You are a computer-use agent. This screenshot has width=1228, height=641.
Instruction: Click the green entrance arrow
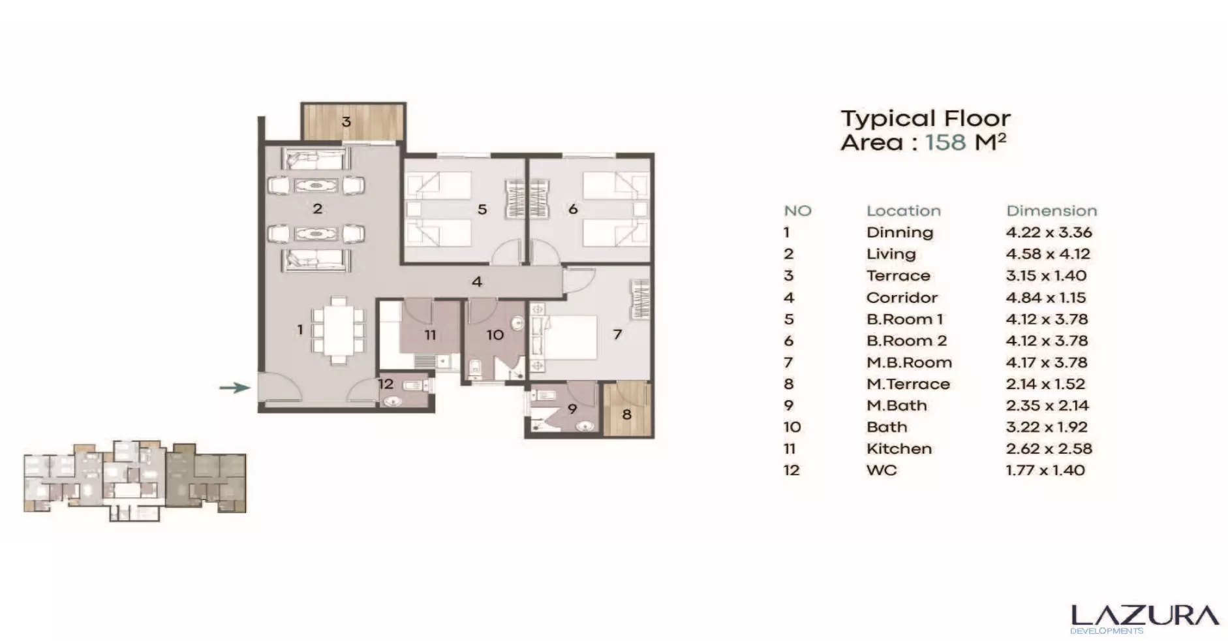coord(234,388)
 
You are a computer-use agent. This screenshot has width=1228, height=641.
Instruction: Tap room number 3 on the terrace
coord(346,121)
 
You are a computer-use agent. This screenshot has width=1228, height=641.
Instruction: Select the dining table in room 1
coord(338,330)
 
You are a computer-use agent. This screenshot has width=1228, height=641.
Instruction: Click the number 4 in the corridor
coord(477,282)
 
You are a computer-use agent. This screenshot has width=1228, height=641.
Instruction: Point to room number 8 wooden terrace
coord(626,414)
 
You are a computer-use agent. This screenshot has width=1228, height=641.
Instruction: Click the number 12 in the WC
coord(386,384)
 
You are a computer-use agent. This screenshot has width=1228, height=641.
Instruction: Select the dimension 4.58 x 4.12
coord(1048,254)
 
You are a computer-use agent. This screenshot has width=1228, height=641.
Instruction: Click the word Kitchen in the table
coord(898,448)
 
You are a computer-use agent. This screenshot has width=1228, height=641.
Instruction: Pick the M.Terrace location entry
coord(908,384)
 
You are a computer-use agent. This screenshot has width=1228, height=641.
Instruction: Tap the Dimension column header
coord(1051,211)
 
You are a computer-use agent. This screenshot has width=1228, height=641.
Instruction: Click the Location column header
coord(903,211)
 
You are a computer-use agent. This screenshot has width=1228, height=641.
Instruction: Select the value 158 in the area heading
coord(945,142)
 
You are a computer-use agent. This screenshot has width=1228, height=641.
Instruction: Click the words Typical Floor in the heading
coord(925,119)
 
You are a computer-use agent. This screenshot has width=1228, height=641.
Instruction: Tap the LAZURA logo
coord(1144,617)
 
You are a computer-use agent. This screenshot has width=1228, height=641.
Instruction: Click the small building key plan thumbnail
coord(135,480)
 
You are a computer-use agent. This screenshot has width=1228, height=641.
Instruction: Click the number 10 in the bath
coord(495,335)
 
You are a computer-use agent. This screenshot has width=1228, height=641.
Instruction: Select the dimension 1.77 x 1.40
coord(1045,470)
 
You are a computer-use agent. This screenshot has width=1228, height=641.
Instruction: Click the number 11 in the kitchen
coord(430,335)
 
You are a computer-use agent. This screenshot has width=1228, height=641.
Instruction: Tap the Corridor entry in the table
coord(902,298)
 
